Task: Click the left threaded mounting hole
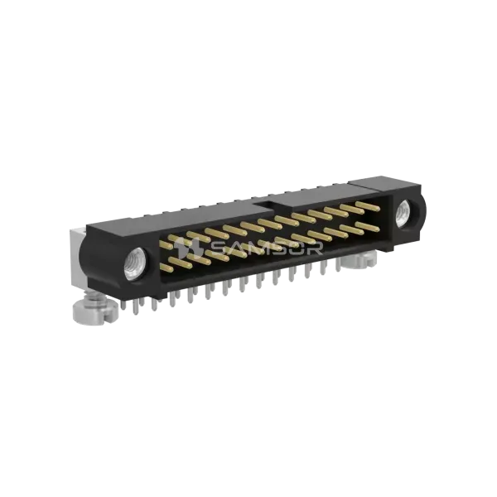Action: pos(135,264)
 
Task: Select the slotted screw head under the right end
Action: pos(359,259)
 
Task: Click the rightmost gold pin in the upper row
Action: pos(368,206)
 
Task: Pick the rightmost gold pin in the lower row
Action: pos(368,227)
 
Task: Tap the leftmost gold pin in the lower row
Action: pos(166,268)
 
